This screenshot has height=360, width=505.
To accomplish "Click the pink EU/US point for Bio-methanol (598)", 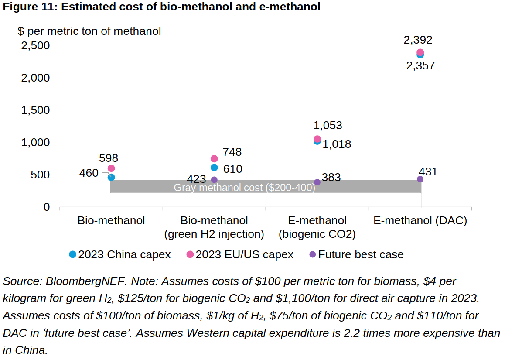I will click(x=111, y=168).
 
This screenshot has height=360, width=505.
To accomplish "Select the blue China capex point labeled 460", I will click(x=111, y=177).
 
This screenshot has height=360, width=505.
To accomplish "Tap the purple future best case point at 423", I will click(x=214, y=180).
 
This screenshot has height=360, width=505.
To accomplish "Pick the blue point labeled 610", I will click(x=214, y=168).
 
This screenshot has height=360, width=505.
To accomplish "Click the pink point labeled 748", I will click(x=214, y=159).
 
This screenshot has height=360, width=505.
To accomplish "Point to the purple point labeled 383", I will click(x=317, y=182).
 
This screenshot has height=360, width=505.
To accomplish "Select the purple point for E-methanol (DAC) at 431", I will click(x=420, y=179).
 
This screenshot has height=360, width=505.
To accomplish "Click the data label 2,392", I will click(x=418, y=40).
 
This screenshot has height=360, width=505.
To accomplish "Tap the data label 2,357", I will click(x=420, y=66).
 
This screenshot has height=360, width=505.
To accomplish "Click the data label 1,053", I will click(x=328, y=126).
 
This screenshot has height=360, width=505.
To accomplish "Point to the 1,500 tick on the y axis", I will click(x=35, y=110).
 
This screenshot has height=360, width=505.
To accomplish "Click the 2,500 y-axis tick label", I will click(x=35, y=46).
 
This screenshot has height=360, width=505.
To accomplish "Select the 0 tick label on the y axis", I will click(x=46, y=207).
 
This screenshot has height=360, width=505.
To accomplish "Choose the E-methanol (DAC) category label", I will click(x=420, y=221).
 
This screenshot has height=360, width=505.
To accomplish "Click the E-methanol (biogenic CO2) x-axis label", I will click(x=317, y=227).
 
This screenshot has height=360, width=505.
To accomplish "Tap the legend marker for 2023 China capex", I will click(x=73, y=254).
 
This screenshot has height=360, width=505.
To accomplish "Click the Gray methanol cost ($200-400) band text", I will click(x=244, y=188).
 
